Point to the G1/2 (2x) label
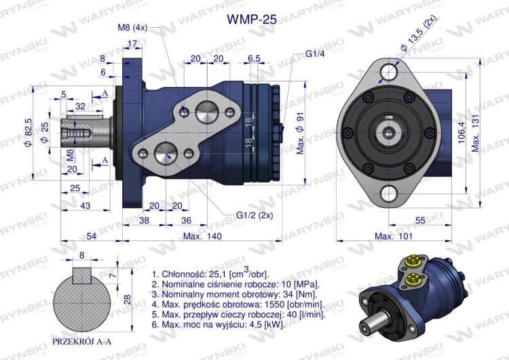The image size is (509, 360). coord(254,215)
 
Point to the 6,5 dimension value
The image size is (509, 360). coord(254,59)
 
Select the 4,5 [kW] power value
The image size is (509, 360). coord(269,325)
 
